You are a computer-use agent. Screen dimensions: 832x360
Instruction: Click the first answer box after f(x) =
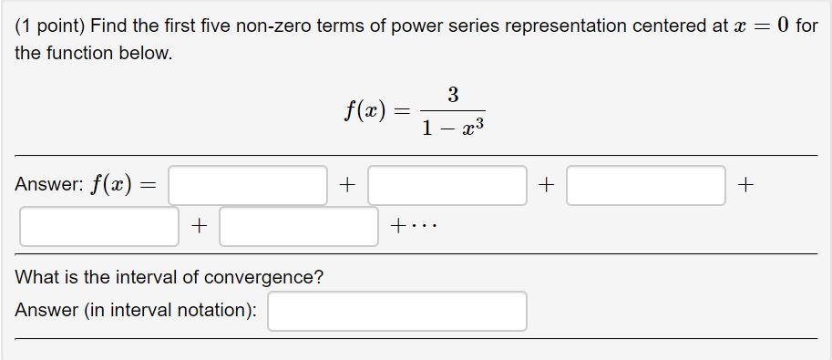248,185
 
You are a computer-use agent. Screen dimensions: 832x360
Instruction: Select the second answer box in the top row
447,185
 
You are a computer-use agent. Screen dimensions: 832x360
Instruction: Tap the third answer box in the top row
645,185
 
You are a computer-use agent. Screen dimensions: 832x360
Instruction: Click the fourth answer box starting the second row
99,226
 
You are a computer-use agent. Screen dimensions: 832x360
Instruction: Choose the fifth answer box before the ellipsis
298,226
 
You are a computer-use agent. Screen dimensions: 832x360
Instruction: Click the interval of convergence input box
397,311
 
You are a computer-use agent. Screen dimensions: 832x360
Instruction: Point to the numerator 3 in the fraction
453,94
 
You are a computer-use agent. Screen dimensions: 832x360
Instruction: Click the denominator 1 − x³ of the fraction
453,129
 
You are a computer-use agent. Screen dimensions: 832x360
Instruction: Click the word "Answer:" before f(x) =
47,185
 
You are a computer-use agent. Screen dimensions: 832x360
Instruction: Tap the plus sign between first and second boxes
347,185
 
